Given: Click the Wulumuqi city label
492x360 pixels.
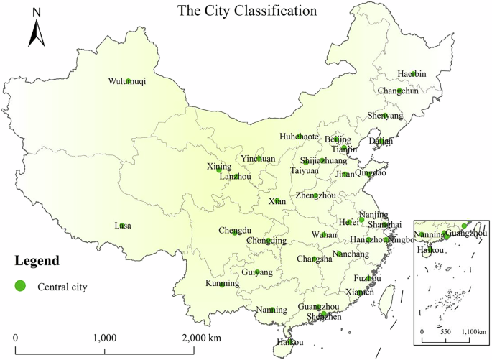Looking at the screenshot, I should pyautogui.click(x=127, y=82).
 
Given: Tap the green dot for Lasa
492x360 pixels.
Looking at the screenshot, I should pyautogui.click(x=123, y=226).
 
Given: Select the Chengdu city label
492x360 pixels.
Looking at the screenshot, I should pyautogui.click(x=234, y=231).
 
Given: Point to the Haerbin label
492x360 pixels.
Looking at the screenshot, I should pyautogui.click(x=412, y=74).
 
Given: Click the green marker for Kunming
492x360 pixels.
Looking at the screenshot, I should pyautogui.click(x=222, y=285).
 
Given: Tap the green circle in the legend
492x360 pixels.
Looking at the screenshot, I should pyautogui.click(x=20, y=286).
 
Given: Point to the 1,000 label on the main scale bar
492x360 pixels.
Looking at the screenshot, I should pyautogui.click(x=105, y=338).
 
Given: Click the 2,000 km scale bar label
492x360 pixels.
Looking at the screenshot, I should pyautogui.click(x=200, y=338).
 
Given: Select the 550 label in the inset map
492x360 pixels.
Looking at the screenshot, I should pyautogui.click(x=445, y=331).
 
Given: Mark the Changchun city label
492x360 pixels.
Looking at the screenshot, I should pyautogui.click(x=398, y=91).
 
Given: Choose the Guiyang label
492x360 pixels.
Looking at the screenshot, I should pyautogui.click(x=257, y=272).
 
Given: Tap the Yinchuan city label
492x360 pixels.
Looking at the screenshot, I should pyautogui.click(x=257, y=159).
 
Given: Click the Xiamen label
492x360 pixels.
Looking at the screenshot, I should pyautogui.click(x=359, y=292).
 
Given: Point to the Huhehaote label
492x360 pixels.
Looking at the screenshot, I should pyautogui.click(x=299, y=137).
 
